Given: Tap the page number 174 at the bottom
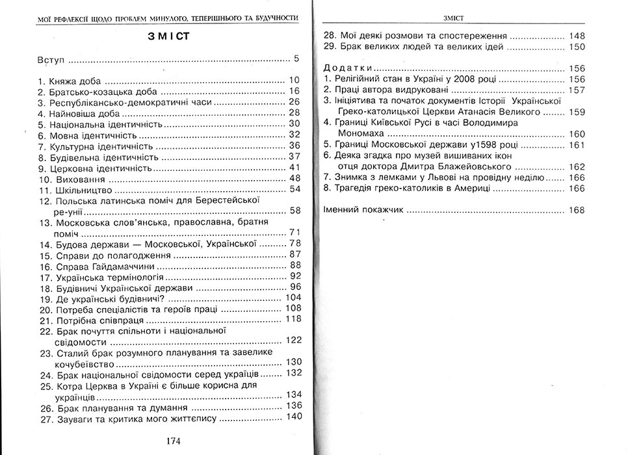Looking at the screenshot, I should tap(173, 441).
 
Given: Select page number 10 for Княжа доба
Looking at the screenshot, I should tap(293, 81).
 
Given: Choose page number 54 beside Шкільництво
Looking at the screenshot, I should tap(293, 189).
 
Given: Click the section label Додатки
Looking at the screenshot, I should tap(348, 68).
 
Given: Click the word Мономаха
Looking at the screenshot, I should tap(363, 133).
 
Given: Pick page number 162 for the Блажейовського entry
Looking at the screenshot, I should tap(576, 166).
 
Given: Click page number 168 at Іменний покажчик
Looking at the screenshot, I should tap(576, 210).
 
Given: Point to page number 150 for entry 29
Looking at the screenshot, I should tap(576, 47).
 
